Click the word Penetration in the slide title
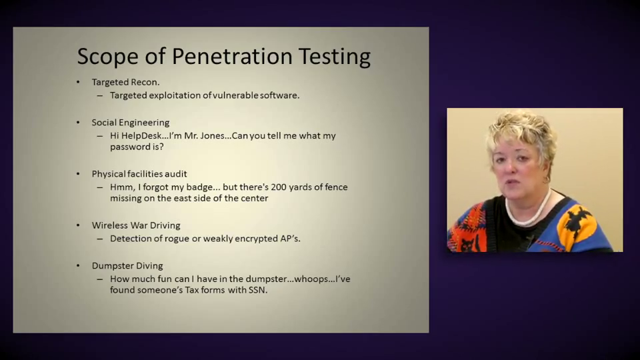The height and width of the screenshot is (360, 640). (x=232, y=56)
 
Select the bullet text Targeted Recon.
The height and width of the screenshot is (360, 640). (x=126, y=82)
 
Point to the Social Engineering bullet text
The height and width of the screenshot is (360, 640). (x=131, y=123)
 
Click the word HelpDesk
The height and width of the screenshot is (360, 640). (x=141, y=135)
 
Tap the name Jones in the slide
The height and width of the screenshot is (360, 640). (x=212, y=135)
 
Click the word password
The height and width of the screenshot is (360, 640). (x=130, y=147)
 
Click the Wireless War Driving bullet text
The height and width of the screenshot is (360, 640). (x=136, y=225)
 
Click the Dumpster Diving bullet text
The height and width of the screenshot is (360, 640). (x=127, y=266)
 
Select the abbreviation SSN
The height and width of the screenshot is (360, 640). (x=258, y=290)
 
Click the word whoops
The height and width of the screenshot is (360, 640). (x=311, y=279)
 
